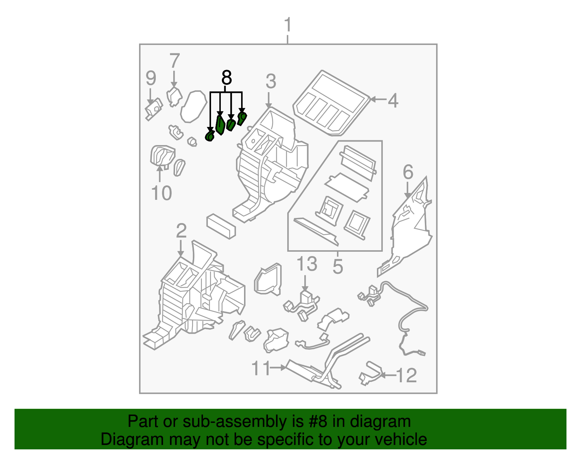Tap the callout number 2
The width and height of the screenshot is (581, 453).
tap(181, 231)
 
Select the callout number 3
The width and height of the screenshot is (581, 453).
tap(271, 81)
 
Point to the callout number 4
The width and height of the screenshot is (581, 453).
tap(393, 100)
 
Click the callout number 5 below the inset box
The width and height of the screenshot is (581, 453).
tap(338, 266)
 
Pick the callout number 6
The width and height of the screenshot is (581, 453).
tap(408, 172)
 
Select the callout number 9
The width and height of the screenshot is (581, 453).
tap(151, 78)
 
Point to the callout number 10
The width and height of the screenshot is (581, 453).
tap(162, 193)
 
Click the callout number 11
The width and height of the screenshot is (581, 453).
tap(261, 368)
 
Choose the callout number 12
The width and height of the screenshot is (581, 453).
tap(406, 375)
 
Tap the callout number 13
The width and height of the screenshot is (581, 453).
tap(307, 264)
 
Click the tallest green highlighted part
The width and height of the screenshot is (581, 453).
tap(220, 125)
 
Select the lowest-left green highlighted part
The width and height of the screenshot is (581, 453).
tap(210, 136)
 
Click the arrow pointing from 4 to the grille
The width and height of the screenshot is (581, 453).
tap(378, 100)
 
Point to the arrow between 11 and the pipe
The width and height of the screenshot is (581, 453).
tap(278, 368)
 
